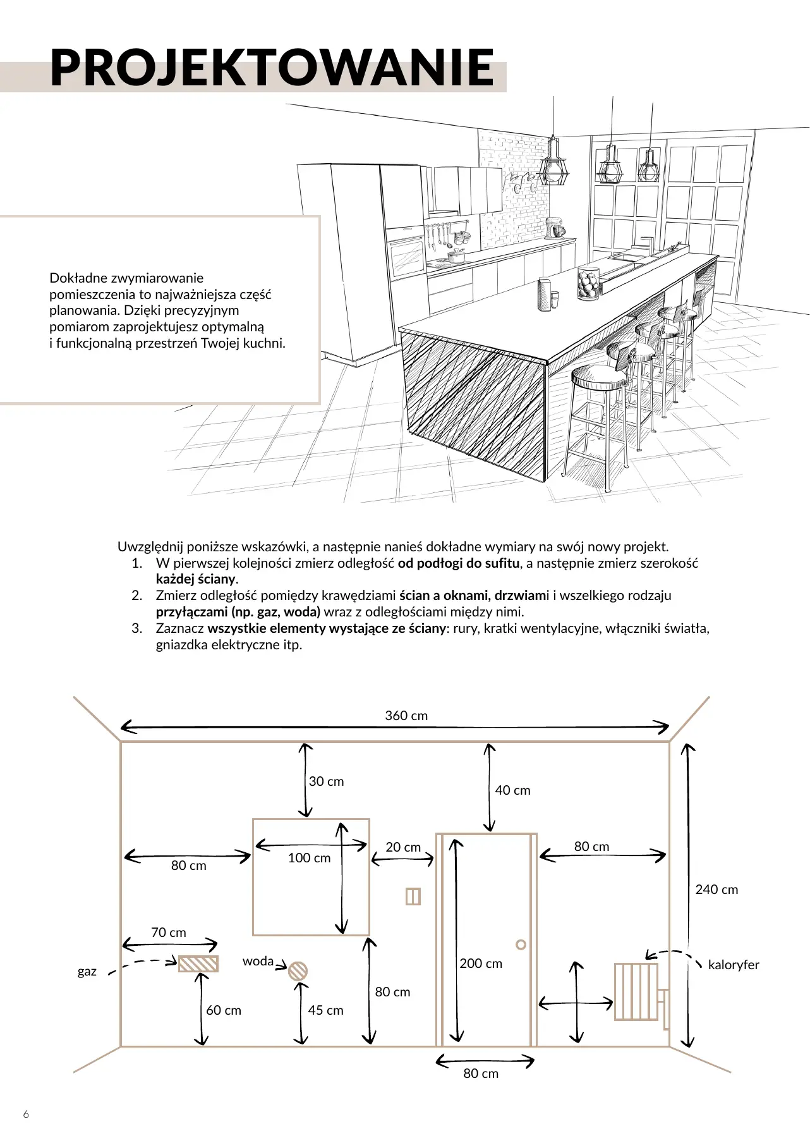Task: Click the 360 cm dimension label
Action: (406, 716)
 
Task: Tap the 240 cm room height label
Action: (716, 890)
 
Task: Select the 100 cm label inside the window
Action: (309, 858)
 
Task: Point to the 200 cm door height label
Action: (481, 964)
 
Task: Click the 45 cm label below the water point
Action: (325, 1010)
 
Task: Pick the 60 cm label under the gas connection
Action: (224, 1010)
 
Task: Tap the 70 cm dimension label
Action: (169, 933)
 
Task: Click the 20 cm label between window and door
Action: (403, 847)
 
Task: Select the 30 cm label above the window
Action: (326, 781)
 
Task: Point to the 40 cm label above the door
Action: (512, 790)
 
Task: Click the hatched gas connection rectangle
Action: (198, 964)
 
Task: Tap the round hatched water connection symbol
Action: (298, 971)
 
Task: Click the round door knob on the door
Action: (521, 945)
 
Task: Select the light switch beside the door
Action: (413, 896)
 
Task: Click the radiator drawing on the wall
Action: (636, 991)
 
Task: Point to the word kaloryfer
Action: (734, 965)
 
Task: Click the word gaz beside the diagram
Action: (87, 971)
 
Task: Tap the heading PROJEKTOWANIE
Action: (272, 68)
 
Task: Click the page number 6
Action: (26, 1114)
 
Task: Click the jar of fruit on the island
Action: (589, 283)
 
